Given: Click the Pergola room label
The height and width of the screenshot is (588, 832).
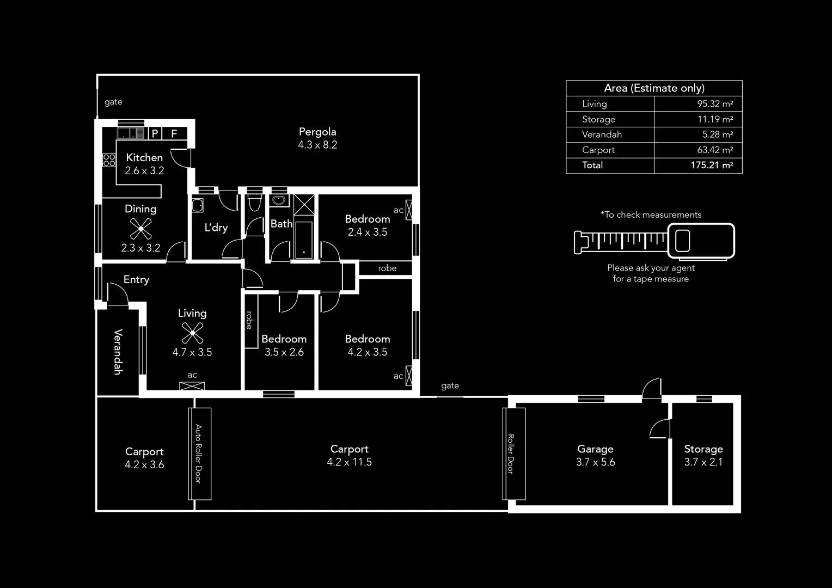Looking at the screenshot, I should click(x=317, y=132).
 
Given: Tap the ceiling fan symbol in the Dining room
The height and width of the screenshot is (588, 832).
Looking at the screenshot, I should click(x=140, y=229).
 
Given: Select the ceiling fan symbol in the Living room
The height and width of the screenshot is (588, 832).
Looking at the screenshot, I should click(x=192, y=333).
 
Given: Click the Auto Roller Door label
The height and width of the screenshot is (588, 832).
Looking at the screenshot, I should click(x=199, y=454).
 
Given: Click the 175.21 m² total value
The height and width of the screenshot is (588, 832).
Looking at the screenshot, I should click(x=712, y=166).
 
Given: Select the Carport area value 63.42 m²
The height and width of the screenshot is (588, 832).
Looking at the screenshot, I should click(x=715, y=150).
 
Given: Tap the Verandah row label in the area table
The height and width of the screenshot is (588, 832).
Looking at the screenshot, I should click(x=602, y=134).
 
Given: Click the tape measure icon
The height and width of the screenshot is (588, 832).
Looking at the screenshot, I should click(x=654, y=241).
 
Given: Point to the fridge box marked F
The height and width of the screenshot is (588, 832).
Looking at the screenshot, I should click(x=174, y=133).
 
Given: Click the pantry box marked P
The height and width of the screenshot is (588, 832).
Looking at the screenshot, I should click(x=155, y=133).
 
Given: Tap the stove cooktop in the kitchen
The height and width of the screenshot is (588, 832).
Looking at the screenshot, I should click(x=109, y=160).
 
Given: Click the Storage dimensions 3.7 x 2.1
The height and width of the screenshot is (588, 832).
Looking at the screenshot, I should click(x=703, y=462).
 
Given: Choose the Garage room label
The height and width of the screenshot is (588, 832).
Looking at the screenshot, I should click(x=595, y=449).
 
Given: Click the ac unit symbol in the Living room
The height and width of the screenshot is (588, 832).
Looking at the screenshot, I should click(x=192, y=386).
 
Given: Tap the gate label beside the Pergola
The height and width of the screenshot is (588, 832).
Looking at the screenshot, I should click(x=113, y=102).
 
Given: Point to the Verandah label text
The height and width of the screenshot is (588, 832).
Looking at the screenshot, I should click(x=118, y=352).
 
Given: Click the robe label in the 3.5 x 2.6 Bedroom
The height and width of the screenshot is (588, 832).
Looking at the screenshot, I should click(x=249, y=320).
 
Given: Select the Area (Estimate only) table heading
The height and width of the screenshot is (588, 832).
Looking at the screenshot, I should click(x=654, y=88).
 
